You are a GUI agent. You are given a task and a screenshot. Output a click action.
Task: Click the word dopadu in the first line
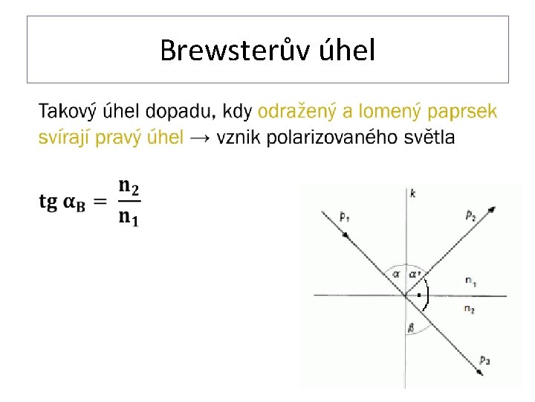point(183,112)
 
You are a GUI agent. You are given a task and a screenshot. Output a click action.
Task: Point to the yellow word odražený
point(296,112)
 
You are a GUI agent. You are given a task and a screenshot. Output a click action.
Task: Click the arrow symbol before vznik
point(200,138)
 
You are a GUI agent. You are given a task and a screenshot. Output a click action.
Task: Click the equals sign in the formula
point(101,202)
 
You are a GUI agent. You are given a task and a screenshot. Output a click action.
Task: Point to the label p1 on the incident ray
point(344,217)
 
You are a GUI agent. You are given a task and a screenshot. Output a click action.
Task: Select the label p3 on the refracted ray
point(484,361)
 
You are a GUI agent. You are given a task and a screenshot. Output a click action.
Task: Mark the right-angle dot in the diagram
point(419,296)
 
